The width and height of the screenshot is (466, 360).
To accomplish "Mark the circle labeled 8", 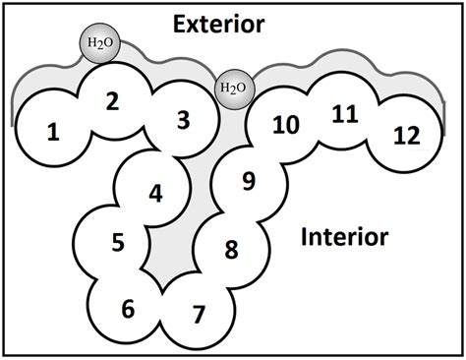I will click(x=231, y=248).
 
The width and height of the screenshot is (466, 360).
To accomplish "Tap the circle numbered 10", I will click(x=285, y=126).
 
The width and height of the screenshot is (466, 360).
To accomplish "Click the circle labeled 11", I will click(x=343, y=114).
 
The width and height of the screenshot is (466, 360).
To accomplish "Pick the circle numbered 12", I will click(x=403, y=136).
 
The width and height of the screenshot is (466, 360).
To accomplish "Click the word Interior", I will click(x=344, y=237).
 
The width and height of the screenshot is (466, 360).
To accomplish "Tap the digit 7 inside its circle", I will click(x=199, y=315).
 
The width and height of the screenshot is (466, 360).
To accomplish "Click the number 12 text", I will click(x=403, y=136).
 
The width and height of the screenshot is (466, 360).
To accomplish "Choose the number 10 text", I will click(x=285, y=126).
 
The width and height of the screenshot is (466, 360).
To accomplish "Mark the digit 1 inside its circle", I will click(x=53, y=129).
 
